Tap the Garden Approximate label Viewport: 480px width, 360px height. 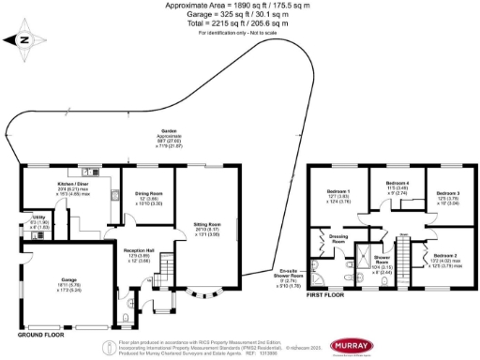click(x=170, y=131)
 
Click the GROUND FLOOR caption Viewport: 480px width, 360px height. click(x=37, y=333)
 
